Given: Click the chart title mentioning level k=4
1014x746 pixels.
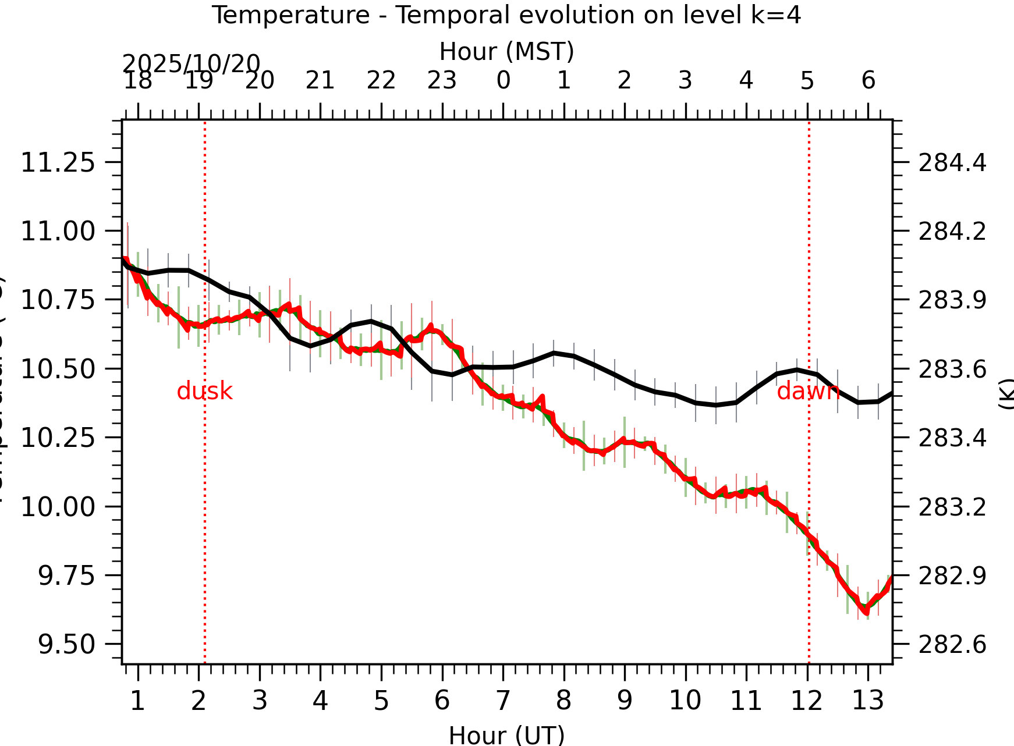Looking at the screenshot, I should (506, 15).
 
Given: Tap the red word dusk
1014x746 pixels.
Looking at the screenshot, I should (204, 392).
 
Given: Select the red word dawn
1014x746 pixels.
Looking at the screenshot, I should (807, 392).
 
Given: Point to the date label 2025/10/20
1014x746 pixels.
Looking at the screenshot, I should (191, 63).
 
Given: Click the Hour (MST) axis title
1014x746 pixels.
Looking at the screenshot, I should (506, 51).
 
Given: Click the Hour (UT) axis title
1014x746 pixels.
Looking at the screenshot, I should (506, 735).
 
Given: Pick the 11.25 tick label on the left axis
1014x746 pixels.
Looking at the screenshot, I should (58, 162).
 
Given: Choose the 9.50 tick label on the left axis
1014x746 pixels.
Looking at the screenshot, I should (66, 644).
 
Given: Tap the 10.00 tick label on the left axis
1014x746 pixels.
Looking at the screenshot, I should (58, 507).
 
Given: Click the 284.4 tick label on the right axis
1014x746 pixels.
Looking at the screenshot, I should (952, 163).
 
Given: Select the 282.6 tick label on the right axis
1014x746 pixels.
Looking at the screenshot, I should (952, 645).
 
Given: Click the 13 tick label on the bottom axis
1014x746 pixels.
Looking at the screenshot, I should (868, 701).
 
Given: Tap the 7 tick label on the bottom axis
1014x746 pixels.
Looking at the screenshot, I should (503, 701).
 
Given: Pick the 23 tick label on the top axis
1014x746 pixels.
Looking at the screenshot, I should (442, 80).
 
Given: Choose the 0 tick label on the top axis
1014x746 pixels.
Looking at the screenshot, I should (503, 80).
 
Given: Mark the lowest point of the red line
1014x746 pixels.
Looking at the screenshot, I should (866, 613).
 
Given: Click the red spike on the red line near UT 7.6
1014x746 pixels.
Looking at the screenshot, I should (542, 397).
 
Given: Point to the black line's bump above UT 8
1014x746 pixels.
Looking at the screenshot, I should (554, 353).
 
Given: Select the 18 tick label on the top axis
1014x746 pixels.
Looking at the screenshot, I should (138, 80).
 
